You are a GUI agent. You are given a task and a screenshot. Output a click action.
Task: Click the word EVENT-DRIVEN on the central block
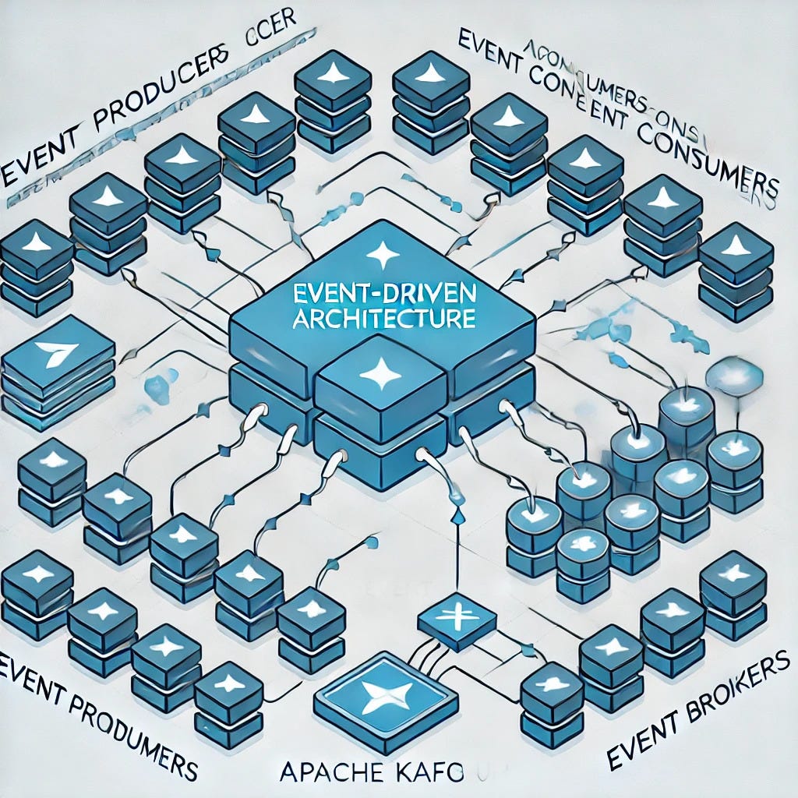click(381, 296)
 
